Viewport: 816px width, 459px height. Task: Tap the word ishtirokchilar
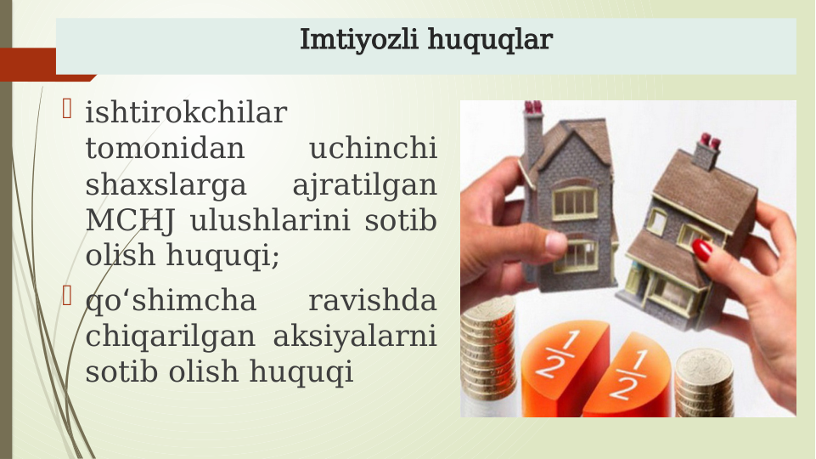[x=186, y=113]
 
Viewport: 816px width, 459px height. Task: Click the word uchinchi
[x=373, y=150]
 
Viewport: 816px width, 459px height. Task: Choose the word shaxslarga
[x=166, y=185]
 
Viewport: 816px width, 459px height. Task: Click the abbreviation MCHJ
[x=130, y=221]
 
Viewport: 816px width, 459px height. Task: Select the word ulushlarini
[x=272, y=221]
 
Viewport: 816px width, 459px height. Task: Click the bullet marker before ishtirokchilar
[x=68, y=110]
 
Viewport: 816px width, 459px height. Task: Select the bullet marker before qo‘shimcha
[x=68, y=298]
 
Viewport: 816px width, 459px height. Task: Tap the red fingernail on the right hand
[x=702, y=250]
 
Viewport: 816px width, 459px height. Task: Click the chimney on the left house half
[x=533, y=127]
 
